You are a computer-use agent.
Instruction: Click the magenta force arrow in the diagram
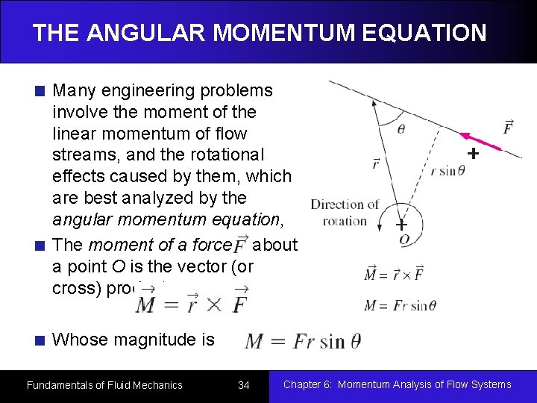479,141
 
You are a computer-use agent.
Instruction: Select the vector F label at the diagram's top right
508,128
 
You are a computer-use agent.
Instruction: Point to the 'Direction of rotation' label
345,212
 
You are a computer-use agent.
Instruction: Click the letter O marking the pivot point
403,240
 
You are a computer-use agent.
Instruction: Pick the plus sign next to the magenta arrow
471,154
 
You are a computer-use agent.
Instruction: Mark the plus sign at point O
401,225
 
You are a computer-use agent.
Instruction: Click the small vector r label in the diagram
374,163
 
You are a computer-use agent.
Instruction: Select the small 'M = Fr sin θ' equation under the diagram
399,305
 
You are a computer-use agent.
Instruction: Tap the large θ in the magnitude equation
354,341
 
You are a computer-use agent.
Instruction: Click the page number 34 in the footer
243,385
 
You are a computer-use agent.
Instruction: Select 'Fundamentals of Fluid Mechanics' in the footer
104,385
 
